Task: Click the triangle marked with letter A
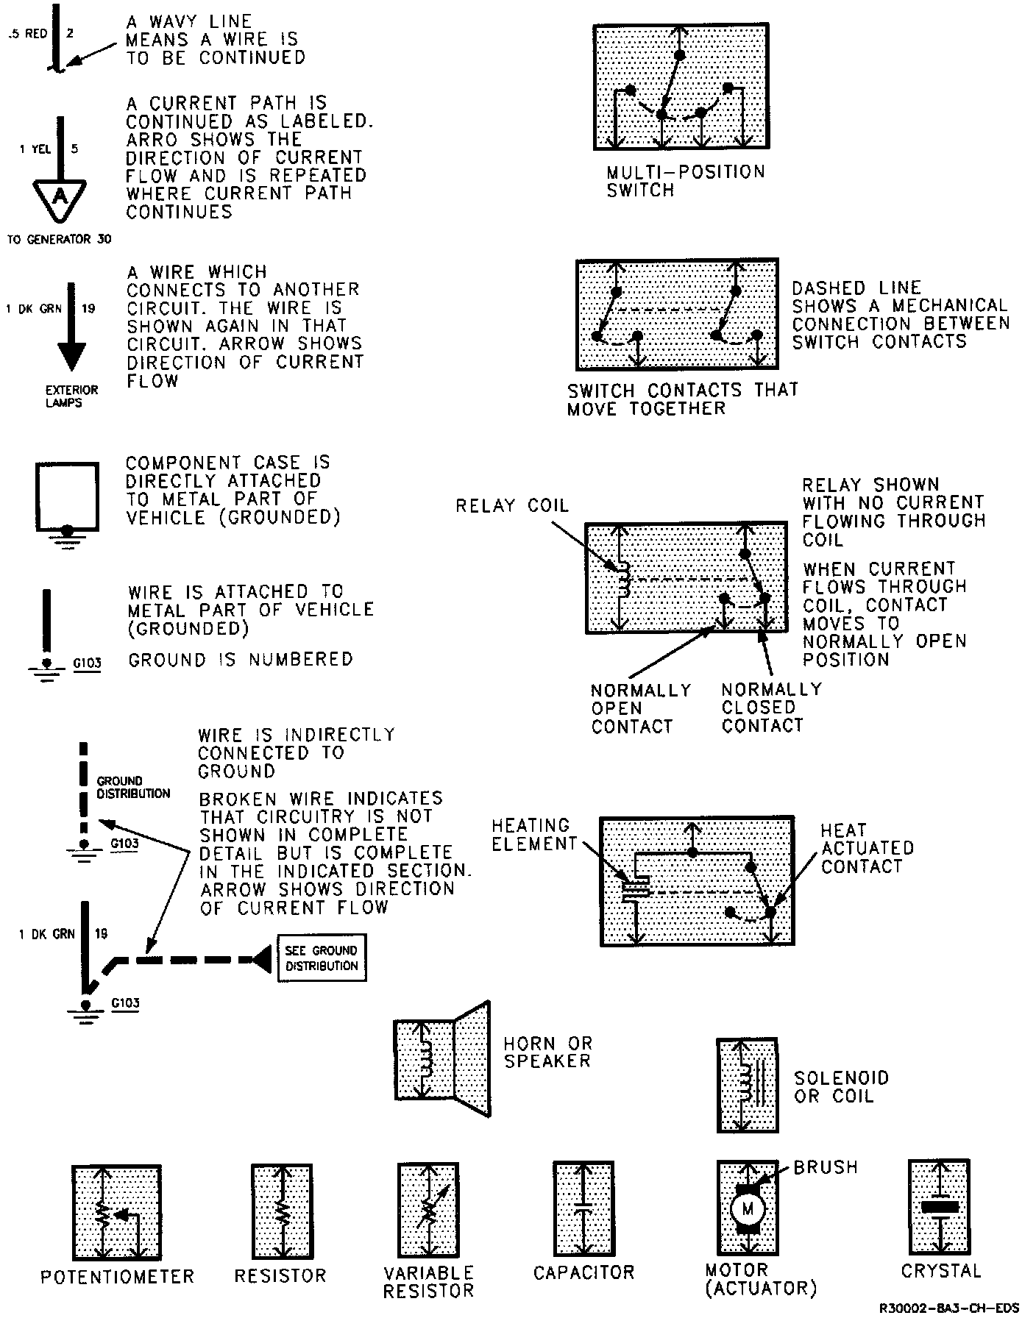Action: click(x=61, y=197)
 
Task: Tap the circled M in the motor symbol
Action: click(x=748, y=1208)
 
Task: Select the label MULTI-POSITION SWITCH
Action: click(x=685, y=181)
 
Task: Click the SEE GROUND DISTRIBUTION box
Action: click(x=322, y=958)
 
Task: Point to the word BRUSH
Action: click(x=826, y=1167)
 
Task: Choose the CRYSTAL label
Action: click(x=941, y=1270)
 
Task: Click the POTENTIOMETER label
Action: click(x=118, y=1277)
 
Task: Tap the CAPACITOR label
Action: click(x=583, y=1272)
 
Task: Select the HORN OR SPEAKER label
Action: click(x=547, y=1052)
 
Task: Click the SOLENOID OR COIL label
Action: click(x=841, y=1087)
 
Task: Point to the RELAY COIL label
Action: click(x=512, y=506)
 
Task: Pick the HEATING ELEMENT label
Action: click(x=533, y=835)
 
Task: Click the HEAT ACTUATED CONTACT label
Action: click(x=867, y=848)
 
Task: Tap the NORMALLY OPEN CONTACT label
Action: click(x=641, y=708)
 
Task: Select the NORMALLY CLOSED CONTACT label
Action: click(x=771, y=708)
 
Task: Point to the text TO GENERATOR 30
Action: click(x=59, y=239)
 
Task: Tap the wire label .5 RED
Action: click(x=28, y=34)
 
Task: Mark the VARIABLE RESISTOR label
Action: click(x=428, y=1281)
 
